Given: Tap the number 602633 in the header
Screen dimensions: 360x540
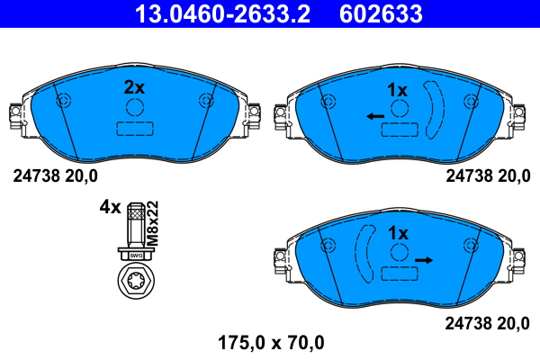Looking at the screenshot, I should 379,13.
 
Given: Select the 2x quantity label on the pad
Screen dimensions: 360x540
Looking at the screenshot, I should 134,87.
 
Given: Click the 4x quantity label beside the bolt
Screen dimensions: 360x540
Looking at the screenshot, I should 109,207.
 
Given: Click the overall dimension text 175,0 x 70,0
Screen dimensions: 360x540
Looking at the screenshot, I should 271,342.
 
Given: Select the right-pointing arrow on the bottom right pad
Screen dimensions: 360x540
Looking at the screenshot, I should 424,260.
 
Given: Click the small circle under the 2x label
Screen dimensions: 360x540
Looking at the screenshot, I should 135,107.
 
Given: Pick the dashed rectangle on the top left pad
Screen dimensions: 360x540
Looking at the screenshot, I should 135,128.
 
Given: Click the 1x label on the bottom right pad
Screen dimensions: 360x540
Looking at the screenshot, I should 398,233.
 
